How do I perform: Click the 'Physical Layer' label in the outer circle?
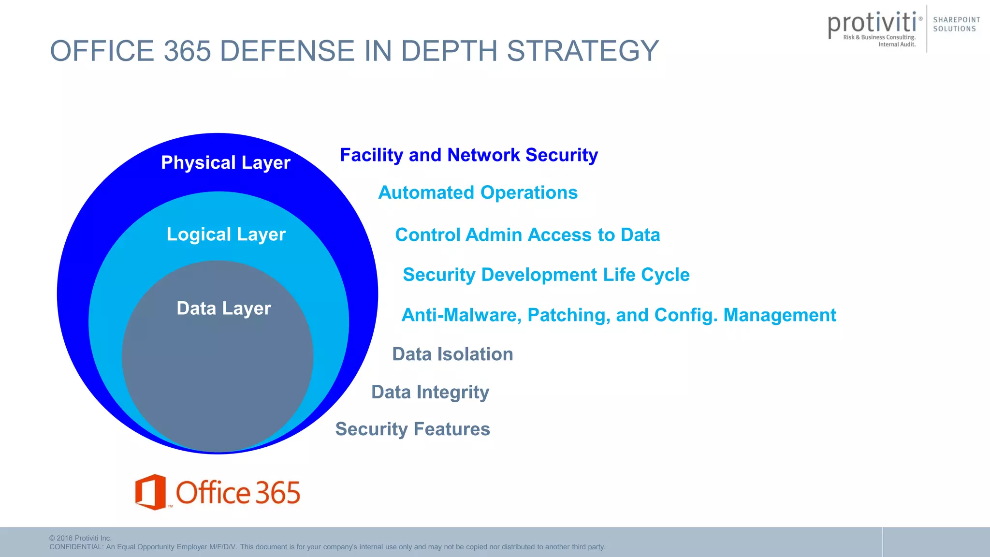point(225,163)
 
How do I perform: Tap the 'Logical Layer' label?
point(226,235)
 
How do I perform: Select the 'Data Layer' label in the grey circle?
point(224,308)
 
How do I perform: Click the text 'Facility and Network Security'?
point(468,155)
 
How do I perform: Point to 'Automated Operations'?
point(478,193)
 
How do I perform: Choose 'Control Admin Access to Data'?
point(527,235)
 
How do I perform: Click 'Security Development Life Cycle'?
point(546,275)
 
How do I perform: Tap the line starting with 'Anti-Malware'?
point(618,315)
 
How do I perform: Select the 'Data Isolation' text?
point(452,354)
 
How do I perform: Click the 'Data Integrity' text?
point(430,392)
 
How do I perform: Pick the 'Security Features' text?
point(412,429)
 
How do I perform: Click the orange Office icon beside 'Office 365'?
point(150,492)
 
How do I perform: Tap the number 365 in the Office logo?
point(277,493)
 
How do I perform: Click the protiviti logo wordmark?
point(872,23)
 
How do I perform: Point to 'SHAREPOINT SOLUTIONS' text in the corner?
point(956,24)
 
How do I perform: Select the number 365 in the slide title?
point(188,51)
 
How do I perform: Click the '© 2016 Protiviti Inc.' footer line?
point(80,538)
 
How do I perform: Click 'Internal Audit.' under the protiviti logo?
point(897,44)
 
